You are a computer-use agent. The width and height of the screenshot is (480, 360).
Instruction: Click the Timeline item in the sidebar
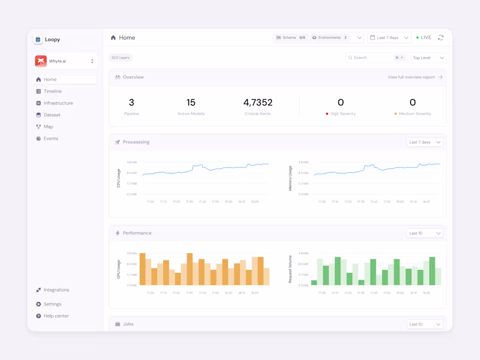[x=53, y=91]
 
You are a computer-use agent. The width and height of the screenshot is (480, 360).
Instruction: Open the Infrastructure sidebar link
[x=58, y=103]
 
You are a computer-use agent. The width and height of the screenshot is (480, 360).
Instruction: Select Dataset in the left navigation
[x=52, y=115]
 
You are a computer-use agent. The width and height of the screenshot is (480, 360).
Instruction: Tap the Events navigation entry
[x=50, y=139]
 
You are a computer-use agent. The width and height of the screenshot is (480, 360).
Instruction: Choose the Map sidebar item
[x=48, y=127]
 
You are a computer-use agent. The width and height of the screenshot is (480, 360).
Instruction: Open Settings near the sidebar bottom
[x=52, y=304]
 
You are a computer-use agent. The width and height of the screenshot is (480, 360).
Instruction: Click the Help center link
[x=56, y=316]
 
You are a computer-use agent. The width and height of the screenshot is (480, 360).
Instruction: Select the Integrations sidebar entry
[x=56, y=290]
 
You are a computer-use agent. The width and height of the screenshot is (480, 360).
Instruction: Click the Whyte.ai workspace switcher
[x=65, y=61]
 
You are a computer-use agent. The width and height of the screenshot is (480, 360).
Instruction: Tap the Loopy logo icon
[x=38, y=40]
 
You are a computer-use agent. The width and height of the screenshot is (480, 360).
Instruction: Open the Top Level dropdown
[x=428, y=58]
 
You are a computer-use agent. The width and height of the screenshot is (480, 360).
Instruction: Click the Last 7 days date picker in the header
[x=389, y=38]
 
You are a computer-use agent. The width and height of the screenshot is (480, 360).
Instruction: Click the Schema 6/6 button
[x=290, y=38]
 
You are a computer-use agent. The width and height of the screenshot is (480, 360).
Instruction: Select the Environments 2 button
[x=329, y=38]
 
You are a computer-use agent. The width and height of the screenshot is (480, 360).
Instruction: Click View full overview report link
[x=415, y=77]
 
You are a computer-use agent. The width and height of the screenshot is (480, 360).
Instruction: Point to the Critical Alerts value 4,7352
[x=258, y=103]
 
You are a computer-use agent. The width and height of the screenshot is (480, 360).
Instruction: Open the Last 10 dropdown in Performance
[x=424, y=233]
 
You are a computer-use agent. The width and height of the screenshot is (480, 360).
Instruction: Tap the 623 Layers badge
[x=121, y=58]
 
